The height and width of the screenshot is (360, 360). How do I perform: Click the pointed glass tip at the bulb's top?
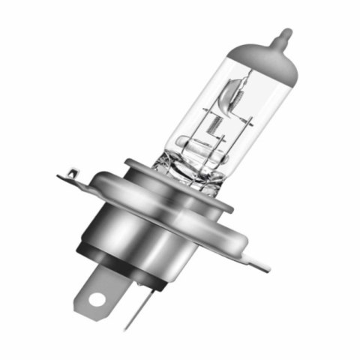pos(286,34)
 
